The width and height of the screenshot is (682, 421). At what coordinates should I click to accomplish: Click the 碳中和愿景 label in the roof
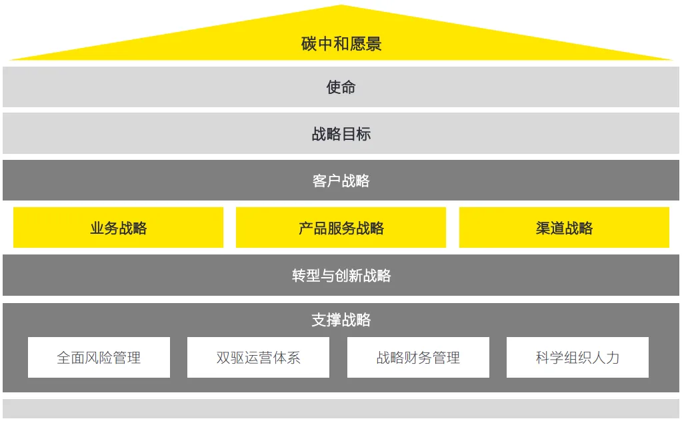(341, 45)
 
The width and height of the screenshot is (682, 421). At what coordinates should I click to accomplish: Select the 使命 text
(341, 87)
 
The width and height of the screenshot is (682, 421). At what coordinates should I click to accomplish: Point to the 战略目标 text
(341, 134)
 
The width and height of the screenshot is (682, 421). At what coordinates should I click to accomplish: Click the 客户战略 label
(341, 181)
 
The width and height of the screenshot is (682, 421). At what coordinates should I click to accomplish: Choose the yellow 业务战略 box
(118, 228)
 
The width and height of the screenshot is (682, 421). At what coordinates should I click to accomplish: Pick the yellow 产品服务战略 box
(341, 228)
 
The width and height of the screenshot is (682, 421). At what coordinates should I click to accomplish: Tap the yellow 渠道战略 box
(564, 228)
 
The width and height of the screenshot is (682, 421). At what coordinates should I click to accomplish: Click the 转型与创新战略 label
(341, 275)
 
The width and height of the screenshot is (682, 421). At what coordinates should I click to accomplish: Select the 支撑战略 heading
(341, 320)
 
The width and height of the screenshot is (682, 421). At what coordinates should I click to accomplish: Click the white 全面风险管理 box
(99, 358)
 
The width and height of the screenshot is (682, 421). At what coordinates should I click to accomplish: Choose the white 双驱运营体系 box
(258, 358)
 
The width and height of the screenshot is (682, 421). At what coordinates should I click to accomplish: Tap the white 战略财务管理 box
(418, 358)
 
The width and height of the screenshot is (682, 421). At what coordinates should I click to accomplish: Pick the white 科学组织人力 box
(577, 358)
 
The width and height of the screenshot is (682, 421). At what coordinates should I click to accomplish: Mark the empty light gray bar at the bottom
(341, 409)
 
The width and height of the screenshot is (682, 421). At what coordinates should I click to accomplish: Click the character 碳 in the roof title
(309, 45)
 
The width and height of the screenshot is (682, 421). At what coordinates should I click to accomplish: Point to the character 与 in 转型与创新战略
(327, 275)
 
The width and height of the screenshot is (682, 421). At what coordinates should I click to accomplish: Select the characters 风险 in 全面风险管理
(99, 358)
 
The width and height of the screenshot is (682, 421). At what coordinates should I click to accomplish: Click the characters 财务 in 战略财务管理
(418, 358)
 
